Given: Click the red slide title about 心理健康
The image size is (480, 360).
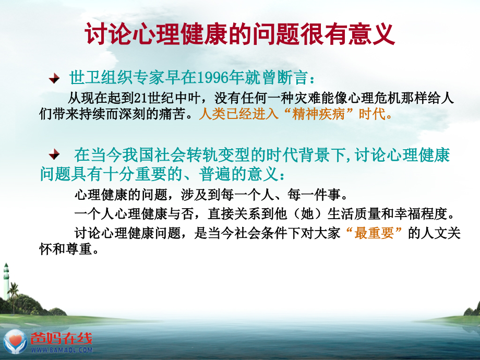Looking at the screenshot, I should click(x=240, y=35).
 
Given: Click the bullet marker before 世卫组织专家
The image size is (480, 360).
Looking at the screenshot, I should click(x=54, y=79).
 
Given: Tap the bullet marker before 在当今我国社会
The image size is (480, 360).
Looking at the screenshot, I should click(x=54, y=155).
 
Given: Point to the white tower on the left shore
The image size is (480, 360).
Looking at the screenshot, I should click(x=6, y=282).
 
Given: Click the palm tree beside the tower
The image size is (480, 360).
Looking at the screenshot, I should click(x=14, y=292).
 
